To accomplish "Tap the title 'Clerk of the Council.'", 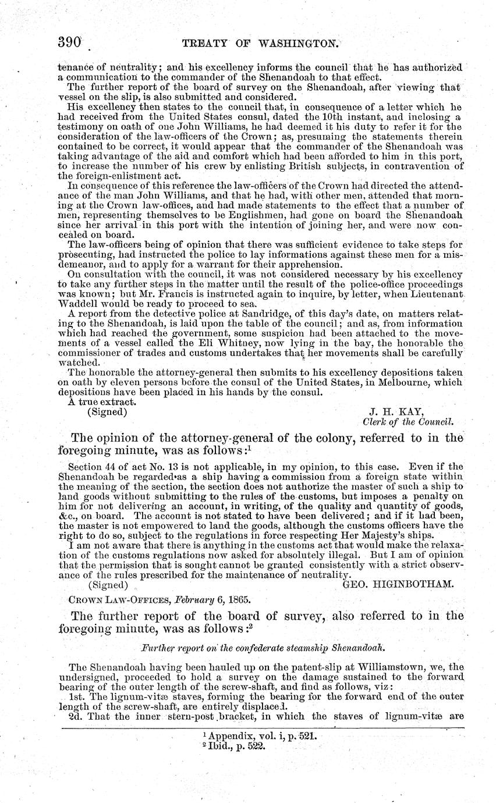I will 408,422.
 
